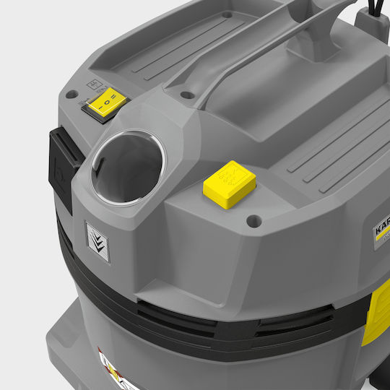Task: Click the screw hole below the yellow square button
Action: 252,220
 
